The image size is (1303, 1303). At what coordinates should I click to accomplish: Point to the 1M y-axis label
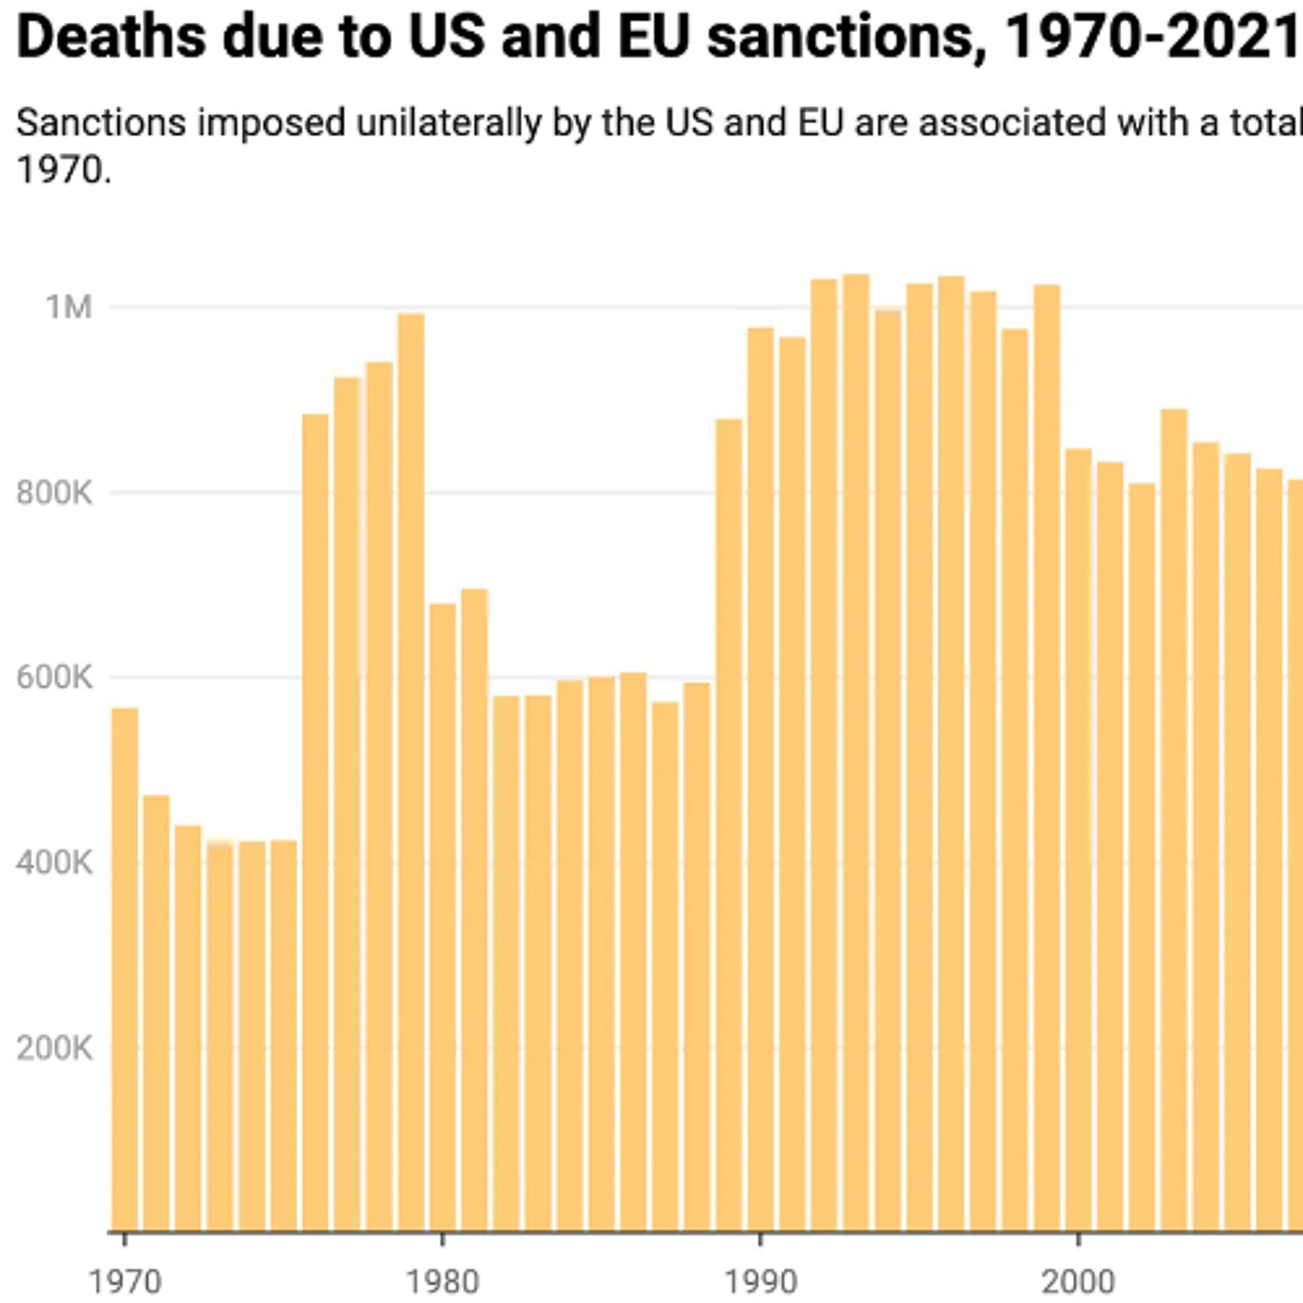pyautogui.click(x=69, y=308)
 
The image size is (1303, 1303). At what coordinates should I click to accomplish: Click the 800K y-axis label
pyautogui.click(x=54, y=493)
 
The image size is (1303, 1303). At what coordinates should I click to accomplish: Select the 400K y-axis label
pyautogui.click(x=54, y=863)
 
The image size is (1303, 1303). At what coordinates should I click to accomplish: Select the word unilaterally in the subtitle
pyautogui.click(x=449, y=123)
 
